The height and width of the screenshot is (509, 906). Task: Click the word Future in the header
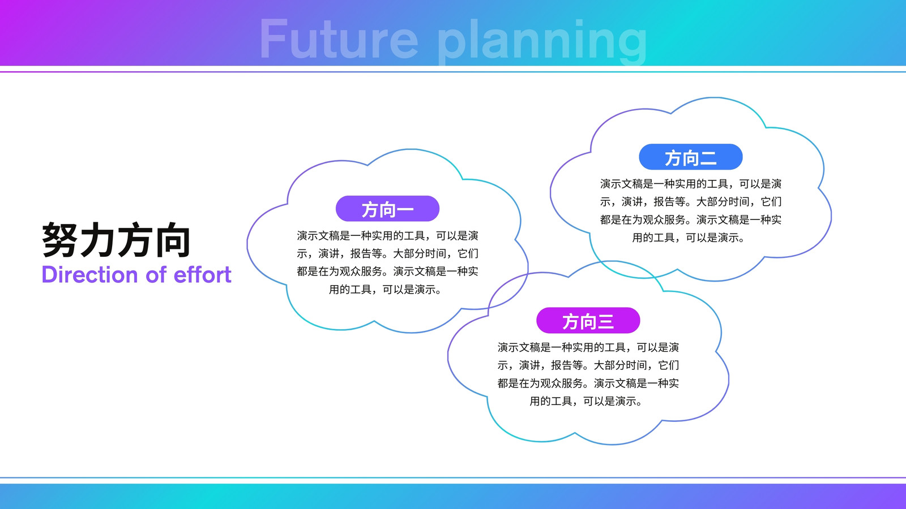click(x=339, y=39)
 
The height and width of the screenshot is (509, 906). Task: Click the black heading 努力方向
click(x=116, y=240)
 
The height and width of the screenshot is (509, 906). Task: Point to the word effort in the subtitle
click(x=202, y=275)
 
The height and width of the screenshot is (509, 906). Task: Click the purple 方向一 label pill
click(x=387, y=209)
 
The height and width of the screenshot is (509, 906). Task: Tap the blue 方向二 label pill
click(x=691, y=157)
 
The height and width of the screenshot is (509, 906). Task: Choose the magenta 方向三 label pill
click(x=588, y=320)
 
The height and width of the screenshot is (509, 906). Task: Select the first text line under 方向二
click(x=691, y=184)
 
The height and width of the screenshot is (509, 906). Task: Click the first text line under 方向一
click(x=387, y=236)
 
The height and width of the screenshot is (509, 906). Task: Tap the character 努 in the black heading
click(x=60, y=240)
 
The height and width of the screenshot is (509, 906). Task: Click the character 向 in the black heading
click(x=173, y=240)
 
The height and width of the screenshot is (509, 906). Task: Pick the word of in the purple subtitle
click(x=156, y=275)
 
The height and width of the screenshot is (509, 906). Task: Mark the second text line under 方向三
click(x=588, y=365)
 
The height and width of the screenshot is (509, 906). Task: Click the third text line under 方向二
click(x=691, y=220)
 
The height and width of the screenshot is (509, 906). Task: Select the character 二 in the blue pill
click(x=708, y=158)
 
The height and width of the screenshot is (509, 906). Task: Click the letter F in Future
click(x=273, y=39)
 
